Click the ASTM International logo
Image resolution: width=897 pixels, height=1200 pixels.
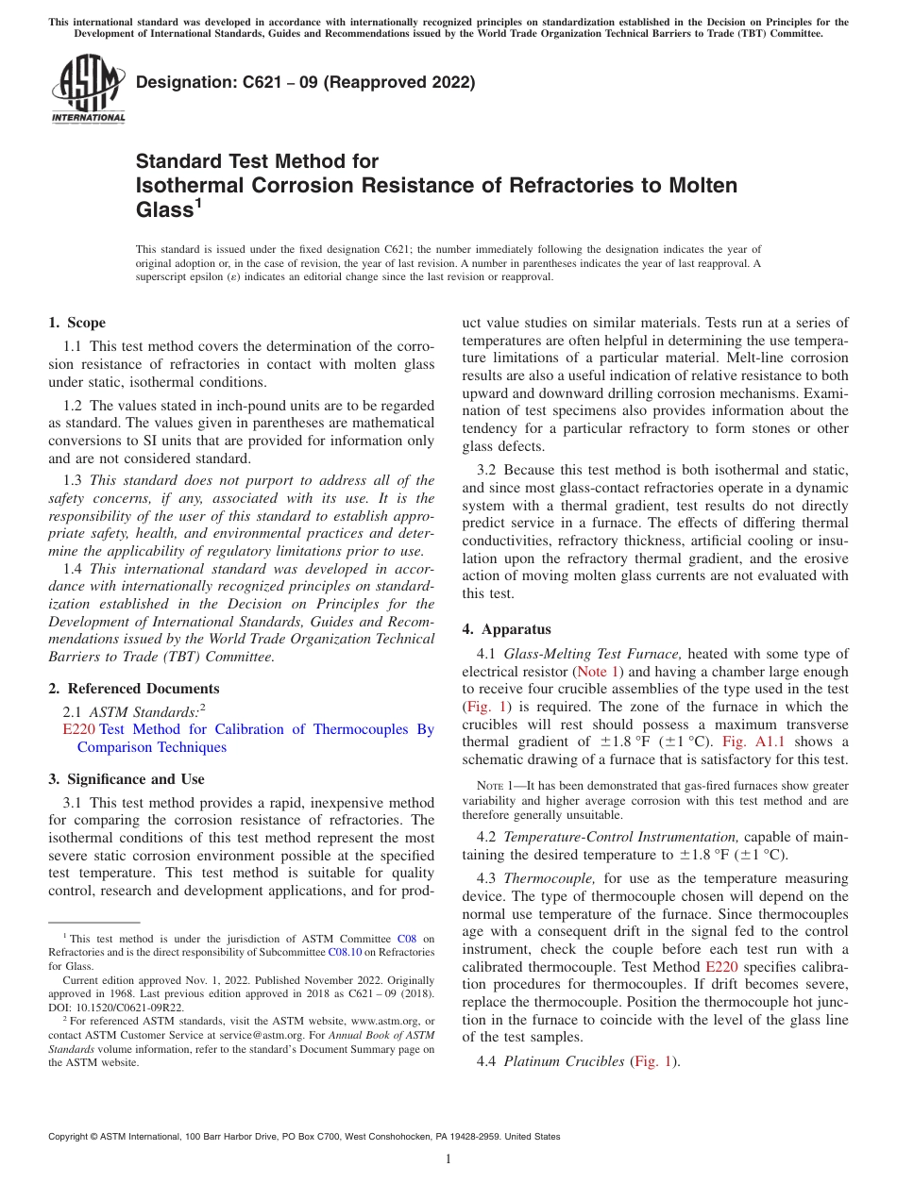(88, 90)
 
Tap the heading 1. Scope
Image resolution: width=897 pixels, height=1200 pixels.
(76, 323)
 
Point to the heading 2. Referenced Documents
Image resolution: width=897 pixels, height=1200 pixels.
(133, 689)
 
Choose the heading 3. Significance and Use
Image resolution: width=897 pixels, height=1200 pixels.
(126, 779)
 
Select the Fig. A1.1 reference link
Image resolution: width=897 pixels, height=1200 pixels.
(748, 742)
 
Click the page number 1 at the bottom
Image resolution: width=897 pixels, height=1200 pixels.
(448, 1159)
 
